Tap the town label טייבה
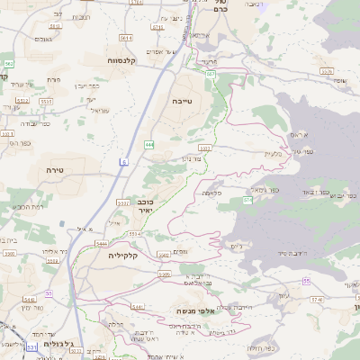(182, 102)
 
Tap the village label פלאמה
(212, 192)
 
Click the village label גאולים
(41, 39)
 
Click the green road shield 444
(148, 144)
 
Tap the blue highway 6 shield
(124, 162)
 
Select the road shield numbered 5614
(126, 38)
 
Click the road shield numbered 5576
(326, 70)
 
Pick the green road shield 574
(247, 200)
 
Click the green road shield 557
(210, 73)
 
